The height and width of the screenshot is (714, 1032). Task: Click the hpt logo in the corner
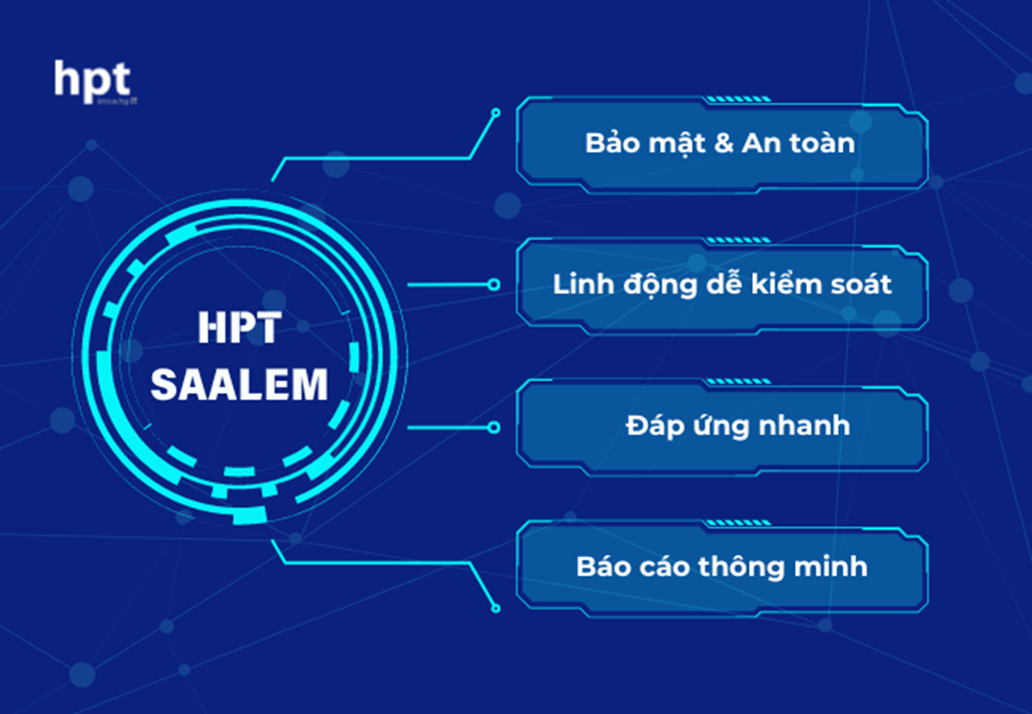click(92, 81)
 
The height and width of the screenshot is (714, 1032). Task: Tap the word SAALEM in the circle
click(239, 385)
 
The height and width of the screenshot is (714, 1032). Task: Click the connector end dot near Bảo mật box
click(496, 112)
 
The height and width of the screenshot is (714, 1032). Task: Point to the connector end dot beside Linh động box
click(494, 285)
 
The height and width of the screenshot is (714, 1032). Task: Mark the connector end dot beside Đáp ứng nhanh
click(494, 427)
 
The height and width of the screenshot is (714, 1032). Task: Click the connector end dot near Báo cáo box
click(496, 608)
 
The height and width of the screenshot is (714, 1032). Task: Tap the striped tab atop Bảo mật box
click(738, 99)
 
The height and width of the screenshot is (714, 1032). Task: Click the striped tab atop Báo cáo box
click(738, 523)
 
